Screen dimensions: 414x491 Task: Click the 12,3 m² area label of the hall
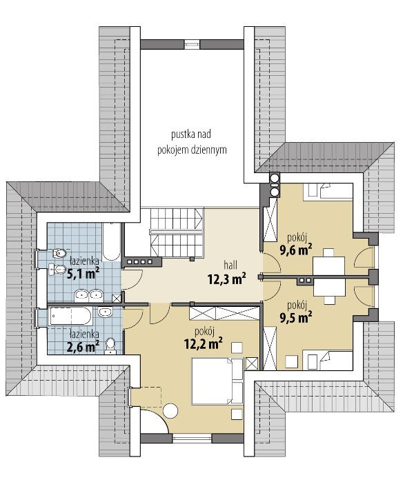(x=226, y=279)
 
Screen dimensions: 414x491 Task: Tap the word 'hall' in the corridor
(x=230, y=265)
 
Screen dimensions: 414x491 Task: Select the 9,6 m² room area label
(x=296, y=250)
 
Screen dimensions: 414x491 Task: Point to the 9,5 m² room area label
(x=296, y=317)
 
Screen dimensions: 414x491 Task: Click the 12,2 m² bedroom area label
(x=204, y=343)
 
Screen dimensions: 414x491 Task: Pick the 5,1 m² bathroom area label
(x=83, y=273)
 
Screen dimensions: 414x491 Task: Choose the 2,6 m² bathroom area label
(x=83, y=346)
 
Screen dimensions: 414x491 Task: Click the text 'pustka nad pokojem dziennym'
(x=192, y=142)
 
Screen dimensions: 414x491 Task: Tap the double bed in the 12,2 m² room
(x=217, y=381)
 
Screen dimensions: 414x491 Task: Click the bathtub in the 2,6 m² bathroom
(x=72, y=316)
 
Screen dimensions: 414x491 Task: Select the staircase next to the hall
(x=177, y=232)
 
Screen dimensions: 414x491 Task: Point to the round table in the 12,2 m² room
(x=170, y=410)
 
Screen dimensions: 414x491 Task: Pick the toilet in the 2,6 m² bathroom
(x=110, y=346)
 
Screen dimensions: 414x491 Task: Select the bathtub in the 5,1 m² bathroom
(x=112, y=241)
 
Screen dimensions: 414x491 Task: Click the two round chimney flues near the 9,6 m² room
(x=275, y=185)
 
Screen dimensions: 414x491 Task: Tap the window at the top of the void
(x=192, y=44)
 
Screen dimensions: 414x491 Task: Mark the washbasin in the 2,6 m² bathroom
(x=105, y=312)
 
